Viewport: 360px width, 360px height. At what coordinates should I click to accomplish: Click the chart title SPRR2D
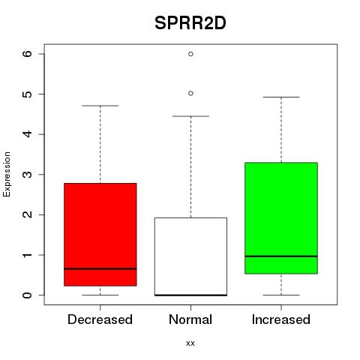click(190, 23)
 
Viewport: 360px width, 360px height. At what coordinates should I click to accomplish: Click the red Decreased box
click(100, 235)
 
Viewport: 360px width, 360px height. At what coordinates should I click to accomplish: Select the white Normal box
click(190, 256)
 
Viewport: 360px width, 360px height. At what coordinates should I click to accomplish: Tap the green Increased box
click(281, 218)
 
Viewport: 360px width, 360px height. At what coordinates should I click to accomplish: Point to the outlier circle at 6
click(190, 54)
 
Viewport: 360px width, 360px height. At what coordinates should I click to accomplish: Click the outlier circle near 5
click(190, 94)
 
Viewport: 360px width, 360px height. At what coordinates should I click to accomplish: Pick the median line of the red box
click(100, 268)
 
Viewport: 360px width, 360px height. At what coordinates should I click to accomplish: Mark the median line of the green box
click(281, 256)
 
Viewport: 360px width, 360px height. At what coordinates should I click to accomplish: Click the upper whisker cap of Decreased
click(100, 106)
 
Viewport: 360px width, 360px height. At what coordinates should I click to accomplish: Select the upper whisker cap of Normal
click(190, 116)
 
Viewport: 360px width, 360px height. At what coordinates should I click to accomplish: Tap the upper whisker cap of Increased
click(281, 97)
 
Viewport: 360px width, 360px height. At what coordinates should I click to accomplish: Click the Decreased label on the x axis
click(100, 319)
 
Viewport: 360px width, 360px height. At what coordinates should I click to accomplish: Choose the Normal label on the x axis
click(190, 319)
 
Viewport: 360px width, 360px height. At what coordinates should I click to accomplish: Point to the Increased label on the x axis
click(281, 319)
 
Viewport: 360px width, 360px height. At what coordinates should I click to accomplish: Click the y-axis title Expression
click(7, 175)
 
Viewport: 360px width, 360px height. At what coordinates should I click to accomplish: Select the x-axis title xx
click(190, 343)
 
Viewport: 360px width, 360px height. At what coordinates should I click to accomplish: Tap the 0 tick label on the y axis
click(28, 295)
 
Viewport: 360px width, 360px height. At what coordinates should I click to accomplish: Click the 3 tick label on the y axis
click(28, 175)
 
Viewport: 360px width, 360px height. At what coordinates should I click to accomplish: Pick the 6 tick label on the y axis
click(28, 54)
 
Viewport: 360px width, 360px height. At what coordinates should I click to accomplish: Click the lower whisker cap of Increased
click(281, 295)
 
